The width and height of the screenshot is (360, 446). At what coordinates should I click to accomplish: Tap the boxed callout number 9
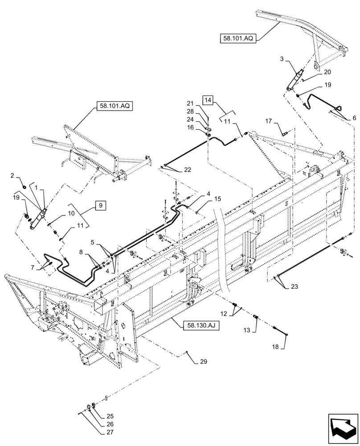tap(100, 206)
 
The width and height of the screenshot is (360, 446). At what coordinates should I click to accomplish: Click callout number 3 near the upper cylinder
tap(282, 58)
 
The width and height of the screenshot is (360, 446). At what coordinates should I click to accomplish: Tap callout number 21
tap(189, 103)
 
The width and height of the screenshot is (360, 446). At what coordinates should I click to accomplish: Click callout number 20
tap(327, 72)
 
